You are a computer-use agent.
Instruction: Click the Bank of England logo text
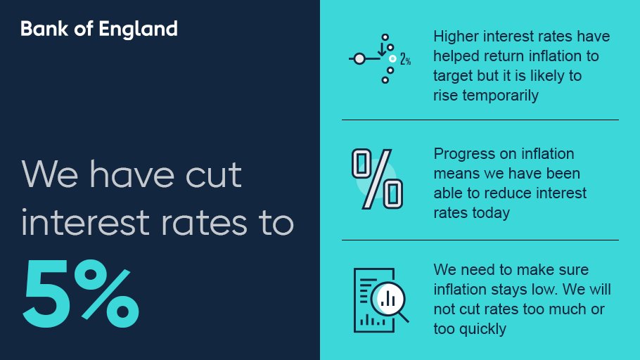click(x=99, y=29)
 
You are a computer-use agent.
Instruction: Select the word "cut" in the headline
click(x=214, y=175)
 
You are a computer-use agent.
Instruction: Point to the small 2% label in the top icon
click(x=405, y=60)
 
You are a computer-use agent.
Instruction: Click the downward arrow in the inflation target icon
click(x=382, y=49)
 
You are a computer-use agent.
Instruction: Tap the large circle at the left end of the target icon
click(x=359, y=59)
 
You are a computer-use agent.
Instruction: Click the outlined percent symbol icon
click(x=378, y=179)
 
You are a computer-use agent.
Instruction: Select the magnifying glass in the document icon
click(x=390, y=302)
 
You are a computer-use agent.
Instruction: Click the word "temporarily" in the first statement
click(x=500, y=96)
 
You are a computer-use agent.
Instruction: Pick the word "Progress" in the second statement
click(x=464, y=154)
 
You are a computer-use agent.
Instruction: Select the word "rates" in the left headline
click(x=204, y=224)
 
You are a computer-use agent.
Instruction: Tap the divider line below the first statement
click(x=480, y=120)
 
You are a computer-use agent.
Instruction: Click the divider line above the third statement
click(x=480, y=240)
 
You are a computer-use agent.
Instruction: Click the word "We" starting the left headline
click(x=50, y=174)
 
